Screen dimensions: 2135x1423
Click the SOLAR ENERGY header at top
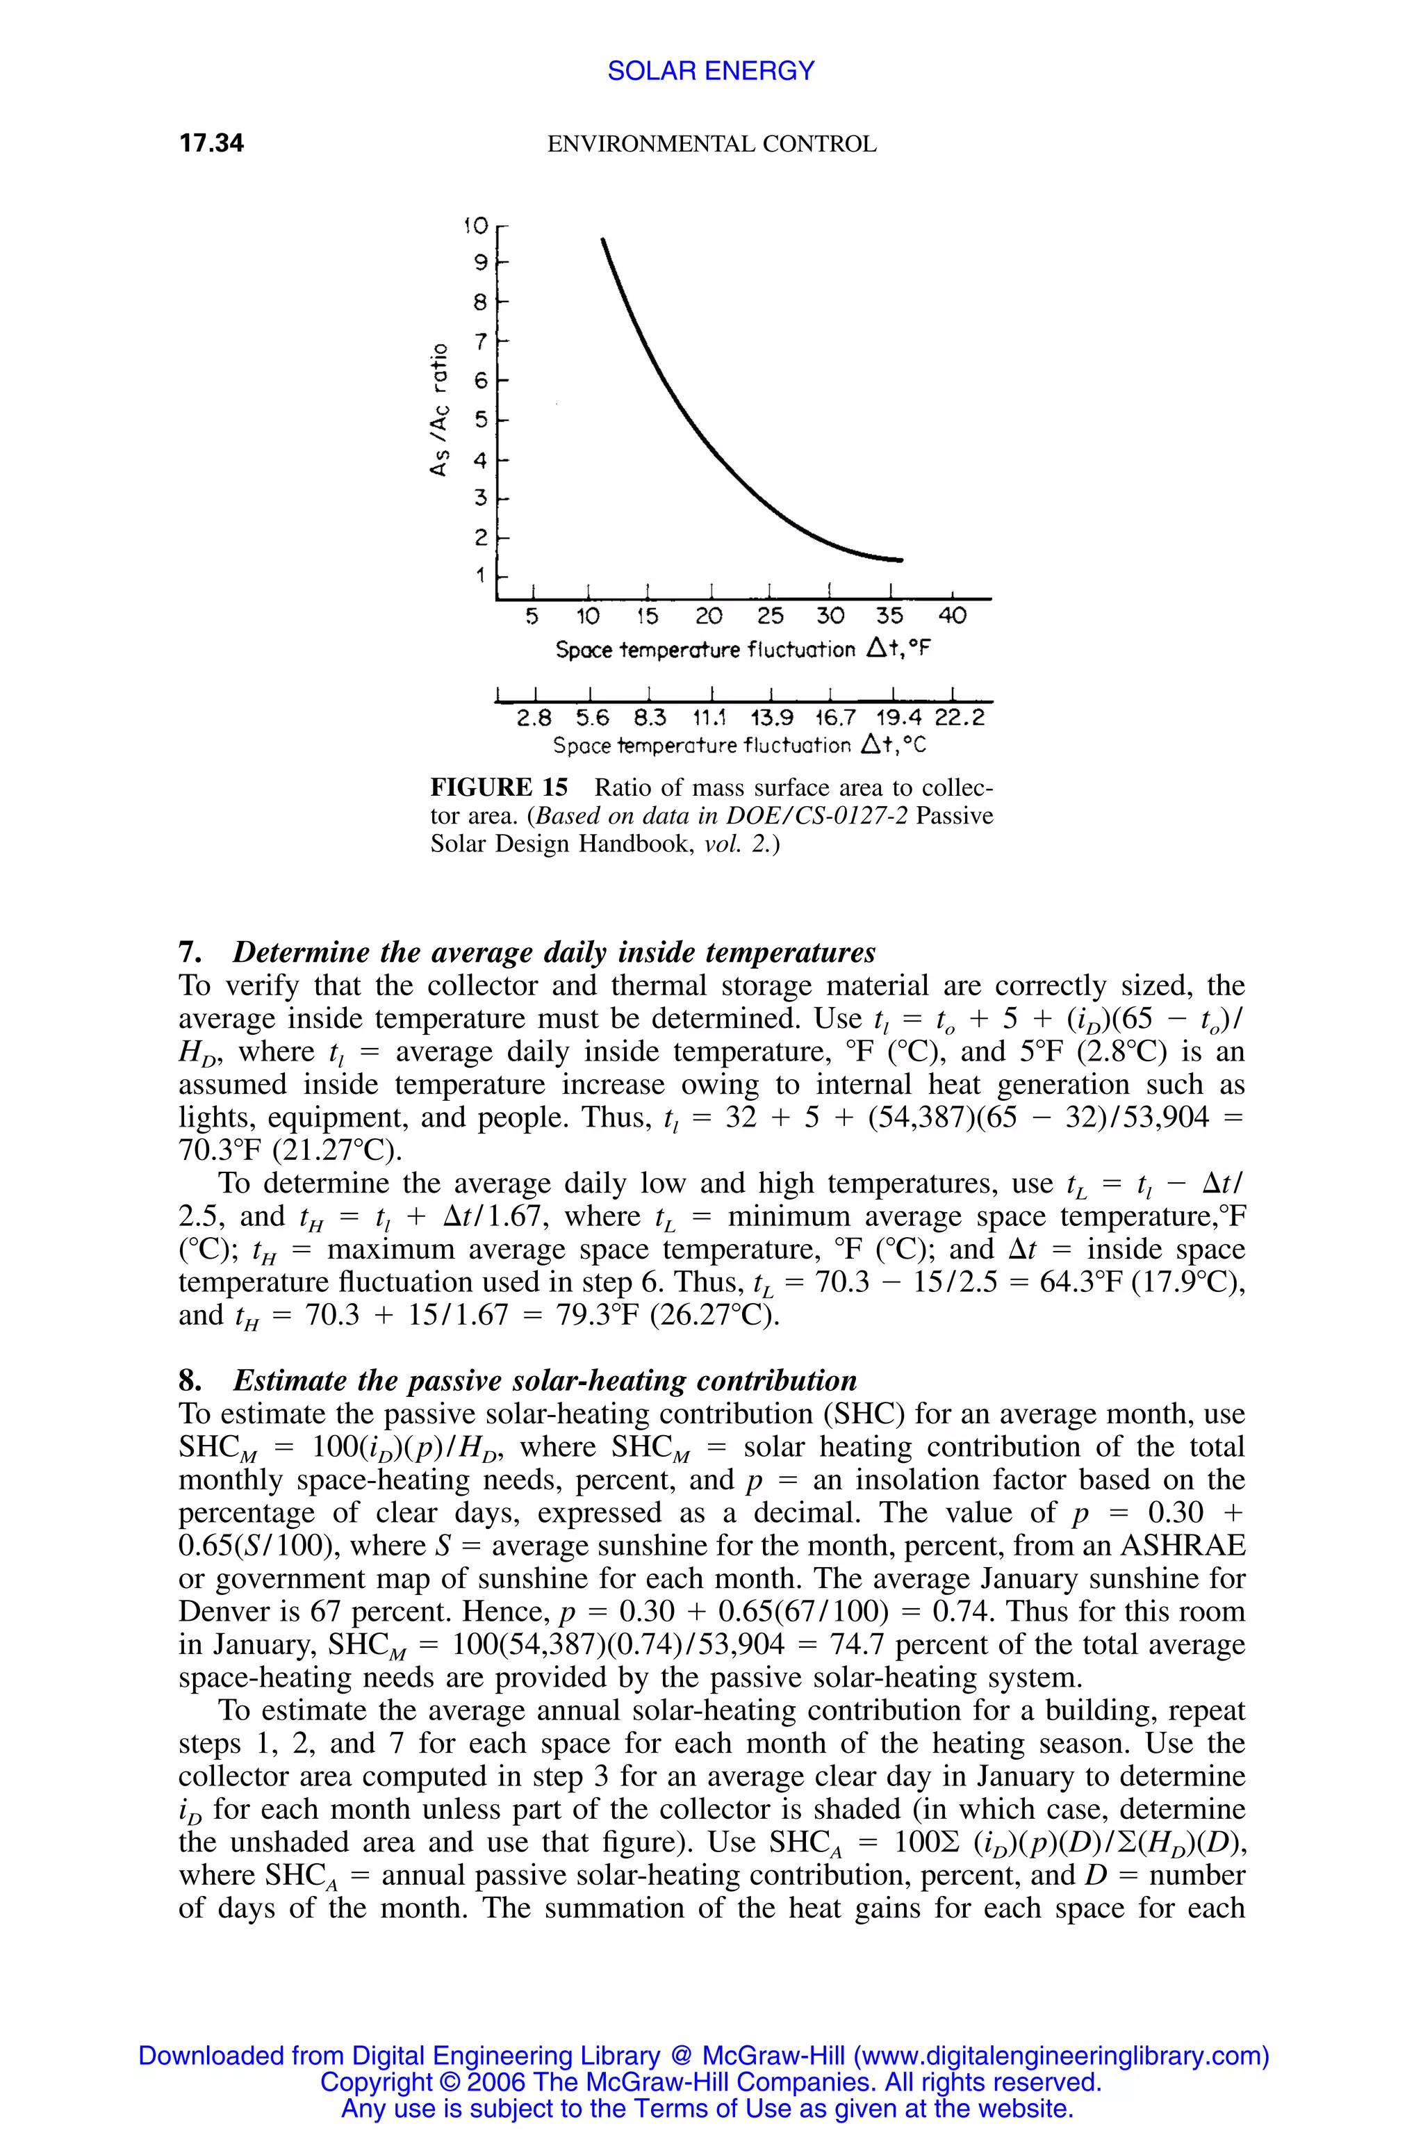(711, 71)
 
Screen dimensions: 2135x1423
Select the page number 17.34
(211, 143)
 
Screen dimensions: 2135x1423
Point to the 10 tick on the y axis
(475, 225)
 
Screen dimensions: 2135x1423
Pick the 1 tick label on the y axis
(480, 575)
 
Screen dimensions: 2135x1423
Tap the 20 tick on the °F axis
(709, 616)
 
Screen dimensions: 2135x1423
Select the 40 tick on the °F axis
(952, 616)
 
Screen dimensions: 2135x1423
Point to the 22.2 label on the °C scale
(960, 718)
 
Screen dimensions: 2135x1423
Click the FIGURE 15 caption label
(499, 787)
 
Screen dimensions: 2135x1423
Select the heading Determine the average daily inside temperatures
(554, 952)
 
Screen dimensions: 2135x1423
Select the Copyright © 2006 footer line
(711, 2081)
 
